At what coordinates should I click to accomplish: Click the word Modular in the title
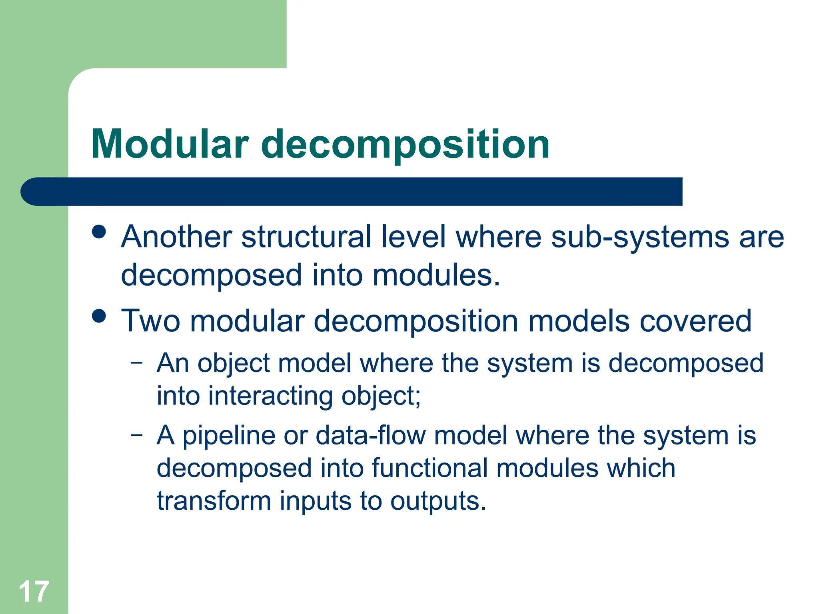click(x=170, y=144)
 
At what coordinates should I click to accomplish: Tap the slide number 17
click(x=34, y=592)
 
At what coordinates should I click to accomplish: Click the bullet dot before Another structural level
click(x=99, y=231)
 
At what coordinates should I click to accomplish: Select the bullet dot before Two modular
click(x=99, y=316)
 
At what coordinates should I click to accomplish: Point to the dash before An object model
click(x=136, y=363)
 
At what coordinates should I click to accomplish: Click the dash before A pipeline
click(x=136, y=435)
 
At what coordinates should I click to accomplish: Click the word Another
click(x=176, y=237)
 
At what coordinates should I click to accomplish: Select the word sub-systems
click(x=639, y=237)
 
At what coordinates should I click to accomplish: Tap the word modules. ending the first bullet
click(x=436, y=275)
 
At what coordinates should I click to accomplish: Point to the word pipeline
click(x=228, y=436)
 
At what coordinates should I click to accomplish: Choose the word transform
click(x=214, y=500)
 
